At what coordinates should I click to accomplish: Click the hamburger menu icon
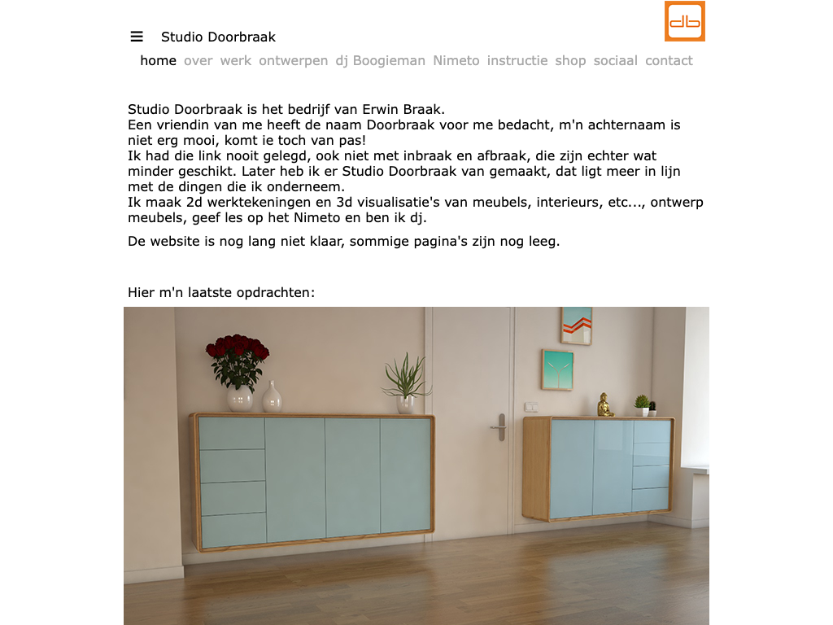point(137,37)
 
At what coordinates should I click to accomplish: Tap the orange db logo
point(684,21)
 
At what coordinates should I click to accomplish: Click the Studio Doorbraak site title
point(218,37)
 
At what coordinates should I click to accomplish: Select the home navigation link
point(158,60)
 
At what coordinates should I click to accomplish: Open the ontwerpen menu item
point(293,60)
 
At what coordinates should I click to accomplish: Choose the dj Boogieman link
point(380,60)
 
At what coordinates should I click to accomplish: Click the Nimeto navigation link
point(456,60)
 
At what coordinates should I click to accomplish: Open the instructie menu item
point(517,60)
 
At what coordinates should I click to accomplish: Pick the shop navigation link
point(570,60)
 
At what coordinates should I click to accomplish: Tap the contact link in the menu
point(669,60)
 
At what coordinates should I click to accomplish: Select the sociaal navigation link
point(615,60)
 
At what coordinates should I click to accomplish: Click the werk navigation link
point(236,60)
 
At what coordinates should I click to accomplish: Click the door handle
point(498,426)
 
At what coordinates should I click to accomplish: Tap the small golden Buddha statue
point(604,404)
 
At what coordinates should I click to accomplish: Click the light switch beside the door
point(531,406)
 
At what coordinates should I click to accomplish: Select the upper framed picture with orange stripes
point(576,326)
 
